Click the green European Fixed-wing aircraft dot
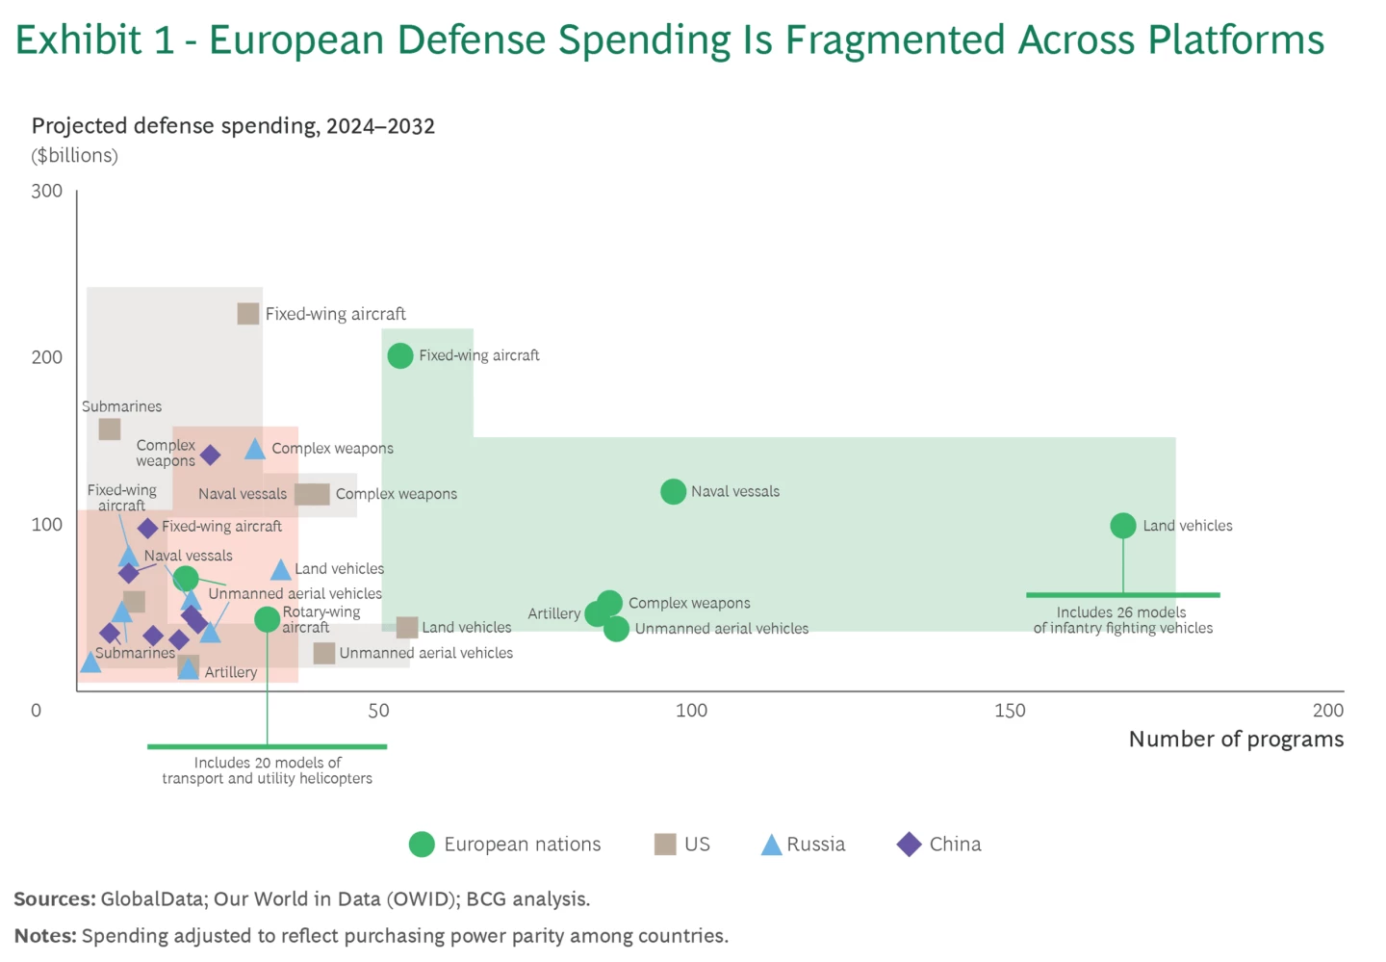400,355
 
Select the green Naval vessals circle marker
674,491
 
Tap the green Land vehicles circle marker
1123,526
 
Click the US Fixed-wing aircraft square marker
248,314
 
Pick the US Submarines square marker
110,429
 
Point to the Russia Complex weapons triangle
255,449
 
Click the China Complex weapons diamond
210,455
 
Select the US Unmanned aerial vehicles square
324,653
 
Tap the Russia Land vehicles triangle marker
280,570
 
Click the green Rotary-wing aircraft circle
268,619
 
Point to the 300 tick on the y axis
46,191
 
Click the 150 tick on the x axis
1010,711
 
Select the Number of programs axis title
1236,739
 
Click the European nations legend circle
422,845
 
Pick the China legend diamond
909,845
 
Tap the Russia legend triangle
771,845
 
